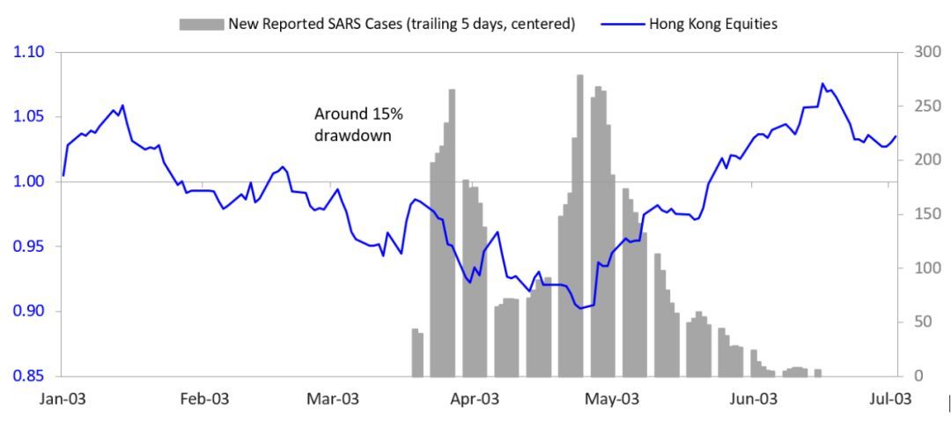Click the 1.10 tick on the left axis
pyautogui.click(x=29, y=53)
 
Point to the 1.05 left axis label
pyautogui.click(x=29, y=117)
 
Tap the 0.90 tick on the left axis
pyautogui.click(x=29, y=311)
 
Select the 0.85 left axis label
pyautogui.click(x=29, y=376)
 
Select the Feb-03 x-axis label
pyautogui.click(x=203, y=399)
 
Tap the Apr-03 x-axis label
pyautogui.click(x=475, y=399)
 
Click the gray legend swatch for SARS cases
pyautogui.click(x=201, y=24)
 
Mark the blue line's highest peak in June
pyautogui.click(x=822, y=85)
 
